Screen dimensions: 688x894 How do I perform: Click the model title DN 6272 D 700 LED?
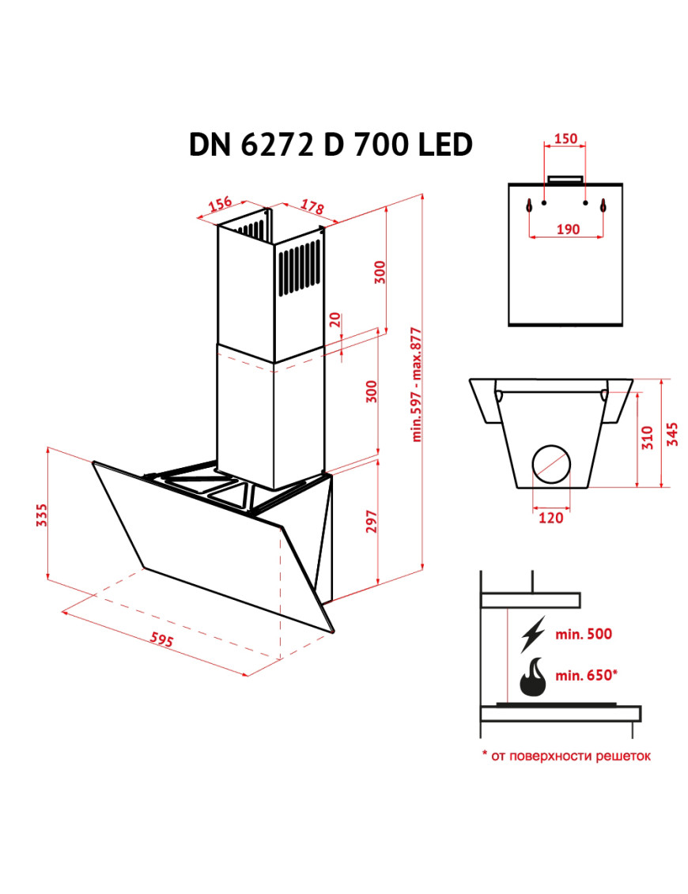[x=331, y=144]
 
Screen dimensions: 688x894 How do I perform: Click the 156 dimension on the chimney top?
[x=220, y=204]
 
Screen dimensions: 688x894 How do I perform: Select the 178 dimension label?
[x=312, y=206]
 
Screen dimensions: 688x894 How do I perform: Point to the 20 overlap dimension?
[x=335, y=319]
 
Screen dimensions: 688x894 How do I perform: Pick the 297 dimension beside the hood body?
[x=372, y=521]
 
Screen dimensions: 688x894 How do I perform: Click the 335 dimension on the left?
[x=41, y=515]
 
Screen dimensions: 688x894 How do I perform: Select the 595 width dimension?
[x=161, y=639]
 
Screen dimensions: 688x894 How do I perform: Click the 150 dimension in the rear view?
[x=565, y=138]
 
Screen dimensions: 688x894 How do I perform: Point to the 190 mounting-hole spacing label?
[x=568, y=229]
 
